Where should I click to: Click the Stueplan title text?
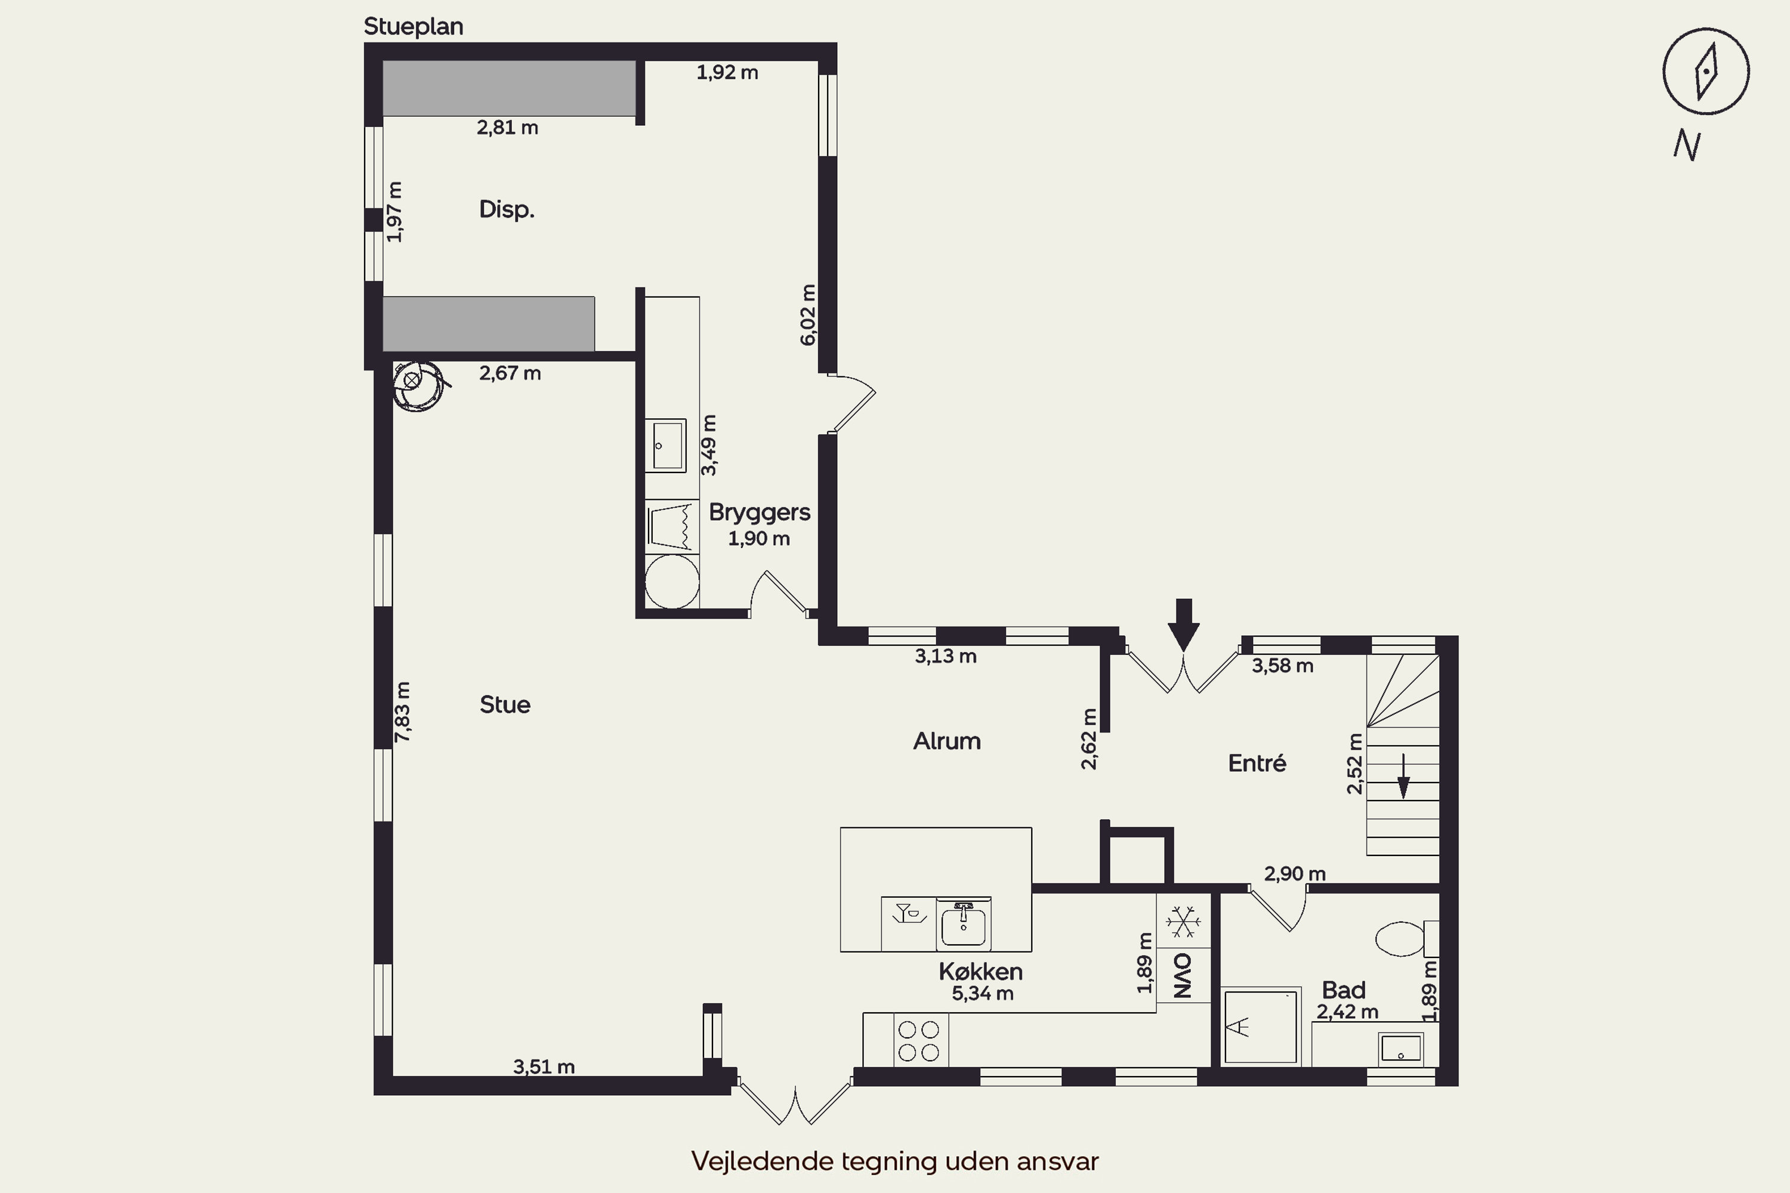coord(413,27)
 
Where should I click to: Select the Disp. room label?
coord(507,209)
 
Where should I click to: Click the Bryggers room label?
coord(760,513)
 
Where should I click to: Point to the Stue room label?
coord(505,704)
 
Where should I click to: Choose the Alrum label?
coord(947,741)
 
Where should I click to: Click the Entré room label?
coord(1257,763)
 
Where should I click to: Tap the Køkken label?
coord(980,972)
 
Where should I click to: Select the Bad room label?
coord(1343,990)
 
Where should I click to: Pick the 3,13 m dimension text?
coord(945,656)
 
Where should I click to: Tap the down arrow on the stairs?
coord(1403,776)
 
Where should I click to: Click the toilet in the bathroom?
coord(1406,939)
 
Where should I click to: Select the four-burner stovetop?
coord(919,1041)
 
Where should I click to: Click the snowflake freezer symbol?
coord(1183,922)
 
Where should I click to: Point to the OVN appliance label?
coord(1183,975)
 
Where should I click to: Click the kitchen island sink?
coord(964,923)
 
